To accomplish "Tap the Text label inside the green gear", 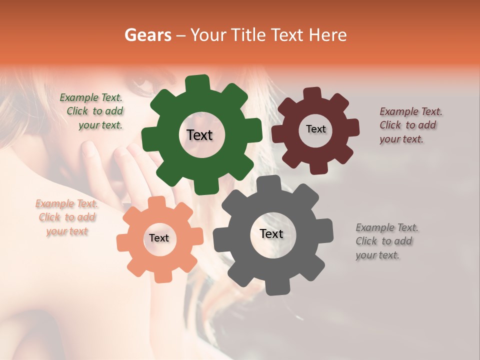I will point(199,135).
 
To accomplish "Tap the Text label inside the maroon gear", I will point(315,129).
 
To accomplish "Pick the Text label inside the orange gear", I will point(159,238).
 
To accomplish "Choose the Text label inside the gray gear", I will point(271,233).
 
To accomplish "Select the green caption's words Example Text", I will point(91,97).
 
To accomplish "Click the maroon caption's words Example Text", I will point(411,111).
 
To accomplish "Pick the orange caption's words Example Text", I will point(67,203).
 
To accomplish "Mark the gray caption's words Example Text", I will point(387,227).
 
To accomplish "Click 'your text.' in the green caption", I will point(100,125).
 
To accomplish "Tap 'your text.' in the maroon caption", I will point(401,139).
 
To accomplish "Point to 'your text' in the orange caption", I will point(67,231).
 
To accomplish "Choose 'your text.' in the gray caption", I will point(377,255).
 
